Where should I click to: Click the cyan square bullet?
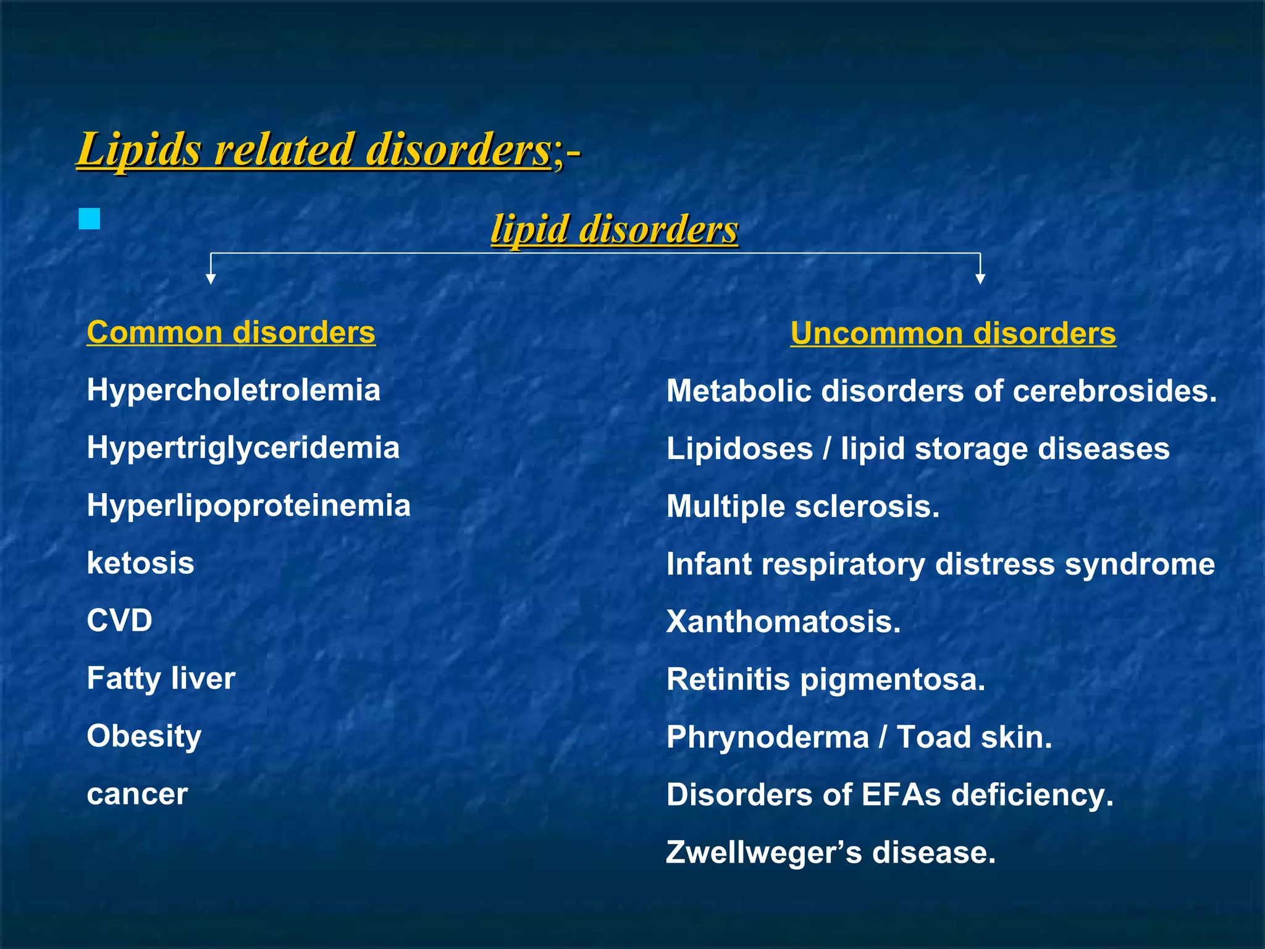coord(90,219)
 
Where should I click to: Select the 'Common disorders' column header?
coord(231,332)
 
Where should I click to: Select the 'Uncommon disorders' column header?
coord(953,334)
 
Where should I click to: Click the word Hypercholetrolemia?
coord(233,390)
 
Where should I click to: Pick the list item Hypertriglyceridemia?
coord(243,448)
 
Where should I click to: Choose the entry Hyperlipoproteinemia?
coord(248,505)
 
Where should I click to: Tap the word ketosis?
coord(140,563)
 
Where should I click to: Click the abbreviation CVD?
coord(119,620)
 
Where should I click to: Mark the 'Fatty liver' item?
coord(161,678)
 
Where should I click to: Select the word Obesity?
coord(144,736)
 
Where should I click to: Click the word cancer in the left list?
coord(137,794)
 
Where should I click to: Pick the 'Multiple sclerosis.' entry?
coord(803,507)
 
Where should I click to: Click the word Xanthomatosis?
coord(783,622)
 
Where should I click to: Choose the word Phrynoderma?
coord(767,738)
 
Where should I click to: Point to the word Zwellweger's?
coord(763,853)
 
